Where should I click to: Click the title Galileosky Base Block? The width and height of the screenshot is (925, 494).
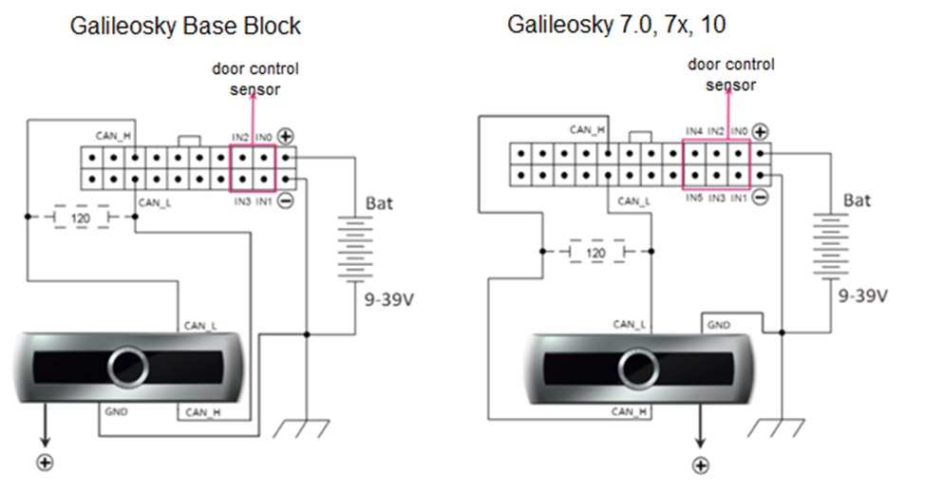[185, 26]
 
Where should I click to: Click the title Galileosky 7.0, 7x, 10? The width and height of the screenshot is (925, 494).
[616, 24]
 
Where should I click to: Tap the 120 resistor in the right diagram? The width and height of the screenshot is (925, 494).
[595, 253]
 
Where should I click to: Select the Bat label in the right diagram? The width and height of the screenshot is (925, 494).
[858, 200]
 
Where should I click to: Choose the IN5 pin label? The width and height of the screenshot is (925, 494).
[694, 198]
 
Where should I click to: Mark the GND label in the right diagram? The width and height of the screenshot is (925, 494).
[718, 324]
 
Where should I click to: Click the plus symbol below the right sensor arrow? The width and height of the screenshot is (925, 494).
[701, 465]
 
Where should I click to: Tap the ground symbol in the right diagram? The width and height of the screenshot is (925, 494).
[780, 427]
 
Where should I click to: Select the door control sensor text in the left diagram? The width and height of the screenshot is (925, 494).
[255, 80]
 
